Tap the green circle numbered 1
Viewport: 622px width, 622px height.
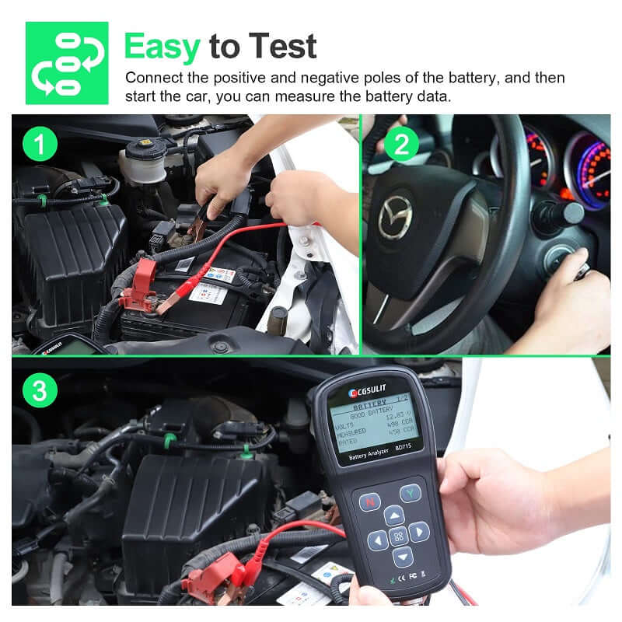[40, 145]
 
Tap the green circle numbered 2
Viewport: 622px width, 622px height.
[402, 144]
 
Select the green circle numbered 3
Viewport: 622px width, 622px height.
[40, 390]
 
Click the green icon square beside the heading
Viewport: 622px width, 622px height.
[67, 63]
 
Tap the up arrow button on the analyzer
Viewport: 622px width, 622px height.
[394, 515]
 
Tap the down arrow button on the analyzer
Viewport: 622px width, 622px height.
[402, 557]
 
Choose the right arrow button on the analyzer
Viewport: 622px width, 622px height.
[419, 532]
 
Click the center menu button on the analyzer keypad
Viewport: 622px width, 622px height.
[398, 536]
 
